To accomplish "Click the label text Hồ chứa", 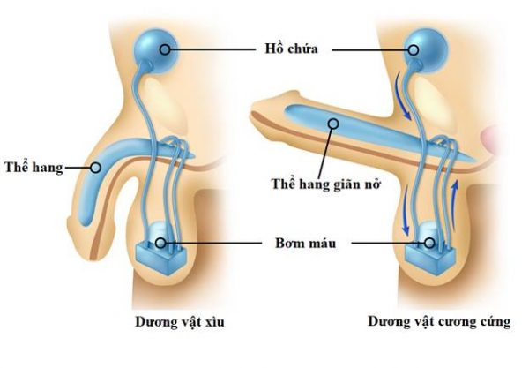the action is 291,49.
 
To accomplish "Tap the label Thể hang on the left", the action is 34,168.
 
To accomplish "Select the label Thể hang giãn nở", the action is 326,184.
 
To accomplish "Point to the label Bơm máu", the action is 305,243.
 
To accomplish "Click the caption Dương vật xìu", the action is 180,321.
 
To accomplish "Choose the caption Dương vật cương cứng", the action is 439,322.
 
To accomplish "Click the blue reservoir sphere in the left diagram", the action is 155,50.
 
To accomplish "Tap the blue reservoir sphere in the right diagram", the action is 427,50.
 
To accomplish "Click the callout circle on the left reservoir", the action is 165,49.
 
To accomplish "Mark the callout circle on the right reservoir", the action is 414,50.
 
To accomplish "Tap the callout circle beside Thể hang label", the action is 96,168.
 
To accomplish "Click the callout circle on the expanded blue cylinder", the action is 333,124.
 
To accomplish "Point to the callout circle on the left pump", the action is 160,243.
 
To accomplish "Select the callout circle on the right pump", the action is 429,243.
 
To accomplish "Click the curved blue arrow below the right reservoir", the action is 401,95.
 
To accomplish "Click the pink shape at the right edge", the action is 490,139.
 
